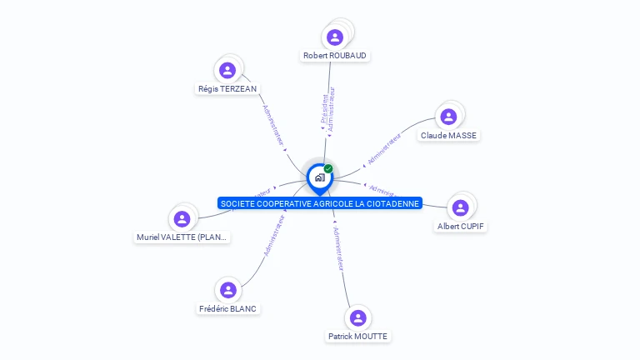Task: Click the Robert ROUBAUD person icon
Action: tap(335, 37)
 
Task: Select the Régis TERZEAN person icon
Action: tap(227, 70)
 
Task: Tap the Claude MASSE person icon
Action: tap(448, 117)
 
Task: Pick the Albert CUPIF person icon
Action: tap(460, 207)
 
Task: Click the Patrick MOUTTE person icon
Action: tap(357, 317)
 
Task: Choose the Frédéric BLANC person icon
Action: tap(228, 290)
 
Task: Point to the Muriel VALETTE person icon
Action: tap(182, 218)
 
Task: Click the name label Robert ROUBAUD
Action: tap(335, 56)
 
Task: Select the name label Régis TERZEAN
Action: tap(227, 89)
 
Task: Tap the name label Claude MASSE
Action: tap(450, 135)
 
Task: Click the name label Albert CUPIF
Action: tap(461, 226)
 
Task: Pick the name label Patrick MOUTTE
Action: tap(357, 337)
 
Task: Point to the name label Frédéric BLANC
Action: tap(228, 308)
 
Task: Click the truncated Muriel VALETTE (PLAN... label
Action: tap(182, 237)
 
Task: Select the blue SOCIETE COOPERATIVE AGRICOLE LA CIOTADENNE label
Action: tap(320, 203)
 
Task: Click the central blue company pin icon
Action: tap(319, 177)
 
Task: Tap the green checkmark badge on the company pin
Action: tap(328, 168)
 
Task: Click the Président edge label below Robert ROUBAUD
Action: tap(324, 109)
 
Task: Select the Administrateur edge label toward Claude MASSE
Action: tap(384, 147)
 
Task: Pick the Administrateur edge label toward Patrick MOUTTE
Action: tap(337, 248)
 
